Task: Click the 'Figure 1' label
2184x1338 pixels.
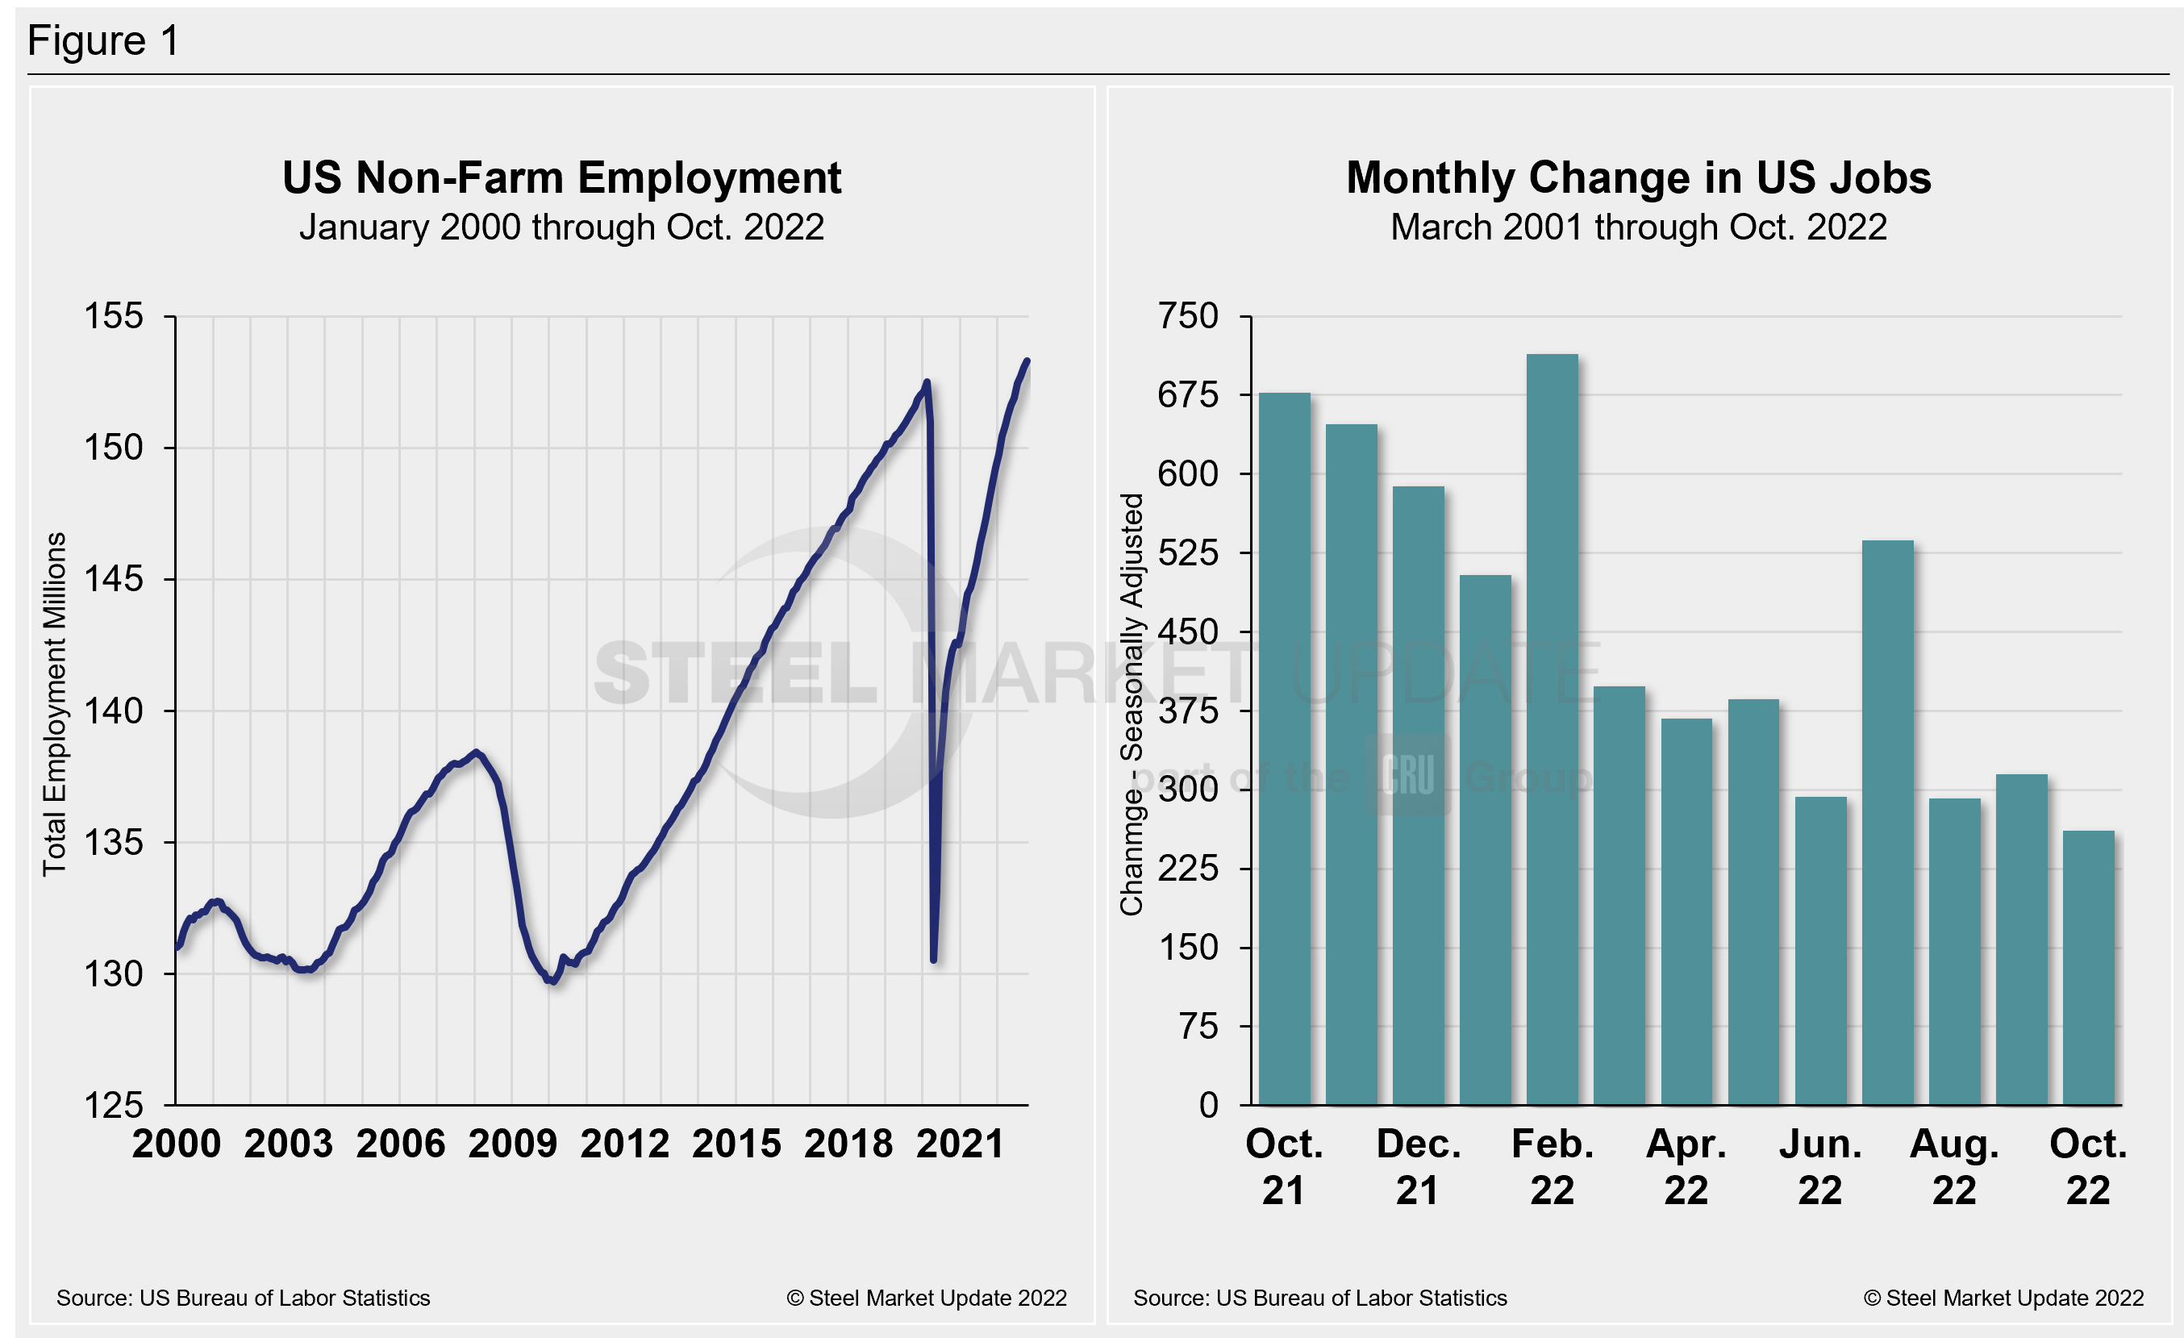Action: pos(104,41)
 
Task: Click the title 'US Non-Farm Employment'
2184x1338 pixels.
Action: pos(561,177)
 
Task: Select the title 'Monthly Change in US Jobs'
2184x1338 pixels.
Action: pos(1638,177)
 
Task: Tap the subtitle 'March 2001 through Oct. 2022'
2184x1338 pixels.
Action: pos(1638,227)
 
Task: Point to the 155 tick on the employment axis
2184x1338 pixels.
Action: pos(114,316)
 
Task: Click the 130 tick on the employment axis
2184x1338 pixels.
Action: pos(114,973)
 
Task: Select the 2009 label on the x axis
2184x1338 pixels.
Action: pos(512,1144)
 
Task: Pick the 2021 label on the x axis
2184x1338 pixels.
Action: pos(960,1144)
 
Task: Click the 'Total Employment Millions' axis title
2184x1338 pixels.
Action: pos(55,703)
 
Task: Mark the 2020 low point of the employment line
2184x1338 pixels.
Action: pos(934,958)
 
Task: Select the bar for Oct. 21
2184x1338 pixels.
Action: pos(1284,748)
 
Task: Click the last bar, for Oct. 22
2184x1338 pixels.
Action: pos(2088,968)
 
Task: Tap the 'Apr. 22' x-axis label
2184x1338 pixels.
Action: pos(1686,1166)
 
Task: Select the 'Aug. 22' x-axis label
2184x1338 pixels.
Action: pos(1954,1166)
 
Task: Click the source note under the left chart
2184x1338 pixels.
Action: pos(243,1298)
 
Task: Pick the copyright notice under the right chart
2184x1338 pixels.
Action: pos(2003,1298)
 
